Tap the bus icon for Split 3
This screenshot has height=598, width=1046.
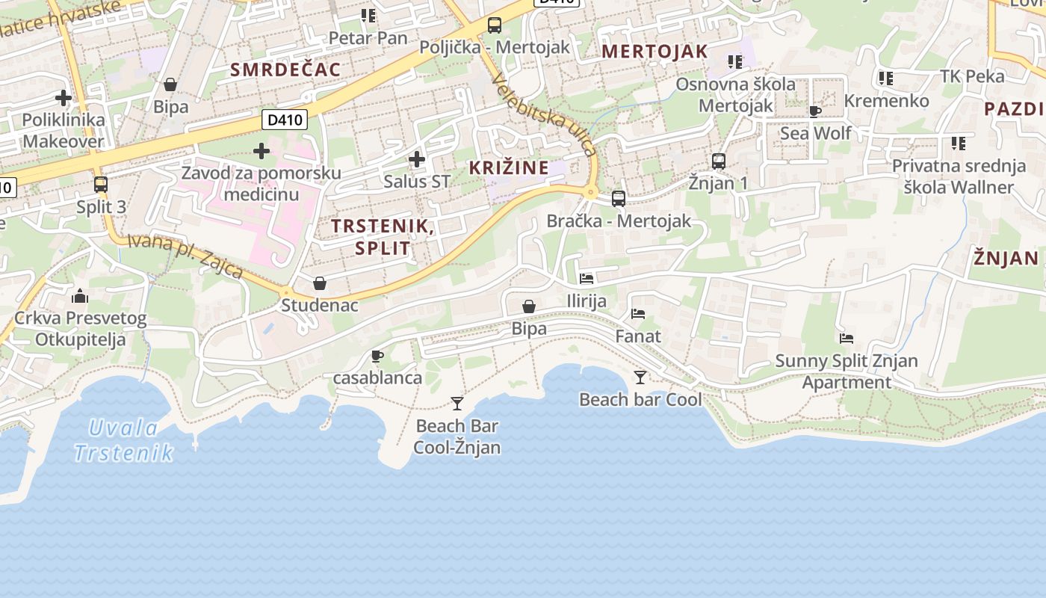pyautogui.click(x=101, y=184)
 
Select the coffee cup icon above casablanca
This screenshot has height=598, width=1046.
pyautogui.click(x=377, y=356)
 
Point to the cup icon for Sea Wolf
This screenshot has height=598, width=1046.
pyautogui.click(x=814, y=111)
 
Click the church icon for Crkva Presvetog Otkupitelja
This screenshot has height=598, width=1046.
pyautogui.click(x=80, y=296)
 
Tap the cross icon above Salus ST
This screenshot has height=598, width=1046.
pyautogui.click(x=417, y=158)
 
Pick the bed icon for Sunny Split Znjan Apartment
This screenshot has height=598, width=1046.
pyautogui.click(x=846, y=339)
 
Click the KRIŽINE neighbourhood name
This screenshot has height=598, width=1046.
pyautogui.click(x=509, y=167)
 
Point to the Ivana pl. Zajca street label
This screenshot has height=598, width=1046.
pyautogui.click(x=185, y=256)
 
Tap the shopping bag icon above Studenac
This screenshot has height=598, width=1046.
pyautogui.click(x=320, y=283)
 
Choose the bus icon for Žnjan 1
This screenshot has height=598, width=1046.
pyautogui.click(x=718, y=161)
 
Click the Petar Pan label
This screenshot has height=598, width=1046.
pyautogui.click(x=368, y=37)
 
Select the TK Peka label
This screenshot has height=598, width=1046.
pyautogui.click(x=972, y=76)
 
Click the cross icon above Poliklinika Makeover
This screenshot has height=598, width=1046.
pyautogui.click(x=64, y=97)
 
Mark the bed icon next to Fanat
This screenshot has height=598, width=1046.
pyautogui.click(x=637, y=314)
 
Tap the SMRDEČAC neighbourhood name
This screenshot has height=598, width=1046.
pyautogui.click(x=285, y=70)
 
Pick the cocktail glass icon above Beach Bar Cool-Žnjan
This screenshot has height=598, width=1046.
pyautogui.click(x=457, y=404)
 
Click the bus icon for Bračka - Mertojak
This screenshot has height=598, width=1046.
pyautogui.click(x=619, y=199)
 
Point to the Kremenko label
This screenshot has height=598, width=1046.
pyautogui.click(x=886, y=100)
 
